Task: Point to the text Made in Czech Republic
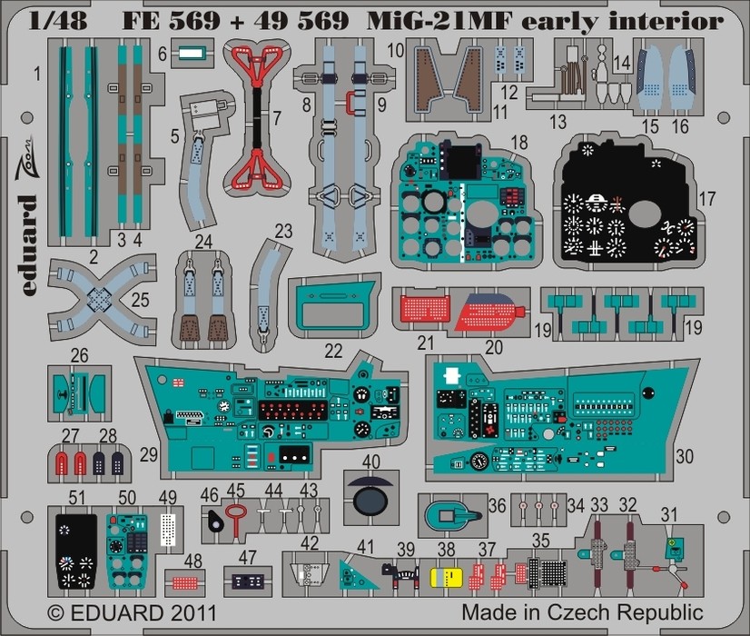pos(581,611)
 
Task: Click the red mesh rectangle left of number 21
pos(423,309)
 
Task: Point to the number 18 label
pos(519,141)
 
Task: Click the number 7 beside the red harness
pos(277,115)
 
